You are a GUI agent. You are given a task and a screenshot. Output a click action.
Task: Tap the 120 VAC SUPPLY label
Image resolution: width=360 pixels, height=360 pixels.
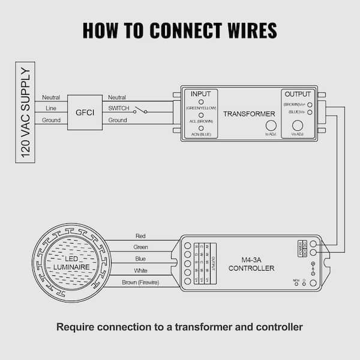(x=25, y=113)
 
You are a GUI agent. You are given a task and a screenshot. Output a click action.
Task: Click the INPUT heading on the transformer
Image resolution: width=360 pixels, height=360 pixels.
(x=200, y=94)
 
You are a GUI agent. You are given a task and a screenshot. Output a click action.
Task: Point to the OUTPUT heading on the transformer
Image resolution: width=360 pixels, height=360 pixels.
(x=298, y=94)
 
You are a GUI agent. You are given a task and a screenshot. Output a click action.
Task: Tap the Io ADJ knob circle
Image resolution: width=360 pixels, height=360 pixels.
(x=271, y=126)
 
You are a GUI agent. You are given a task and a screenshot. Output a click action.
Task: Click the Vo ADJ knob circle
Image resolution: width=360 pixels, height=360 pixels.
(x=297, y=126)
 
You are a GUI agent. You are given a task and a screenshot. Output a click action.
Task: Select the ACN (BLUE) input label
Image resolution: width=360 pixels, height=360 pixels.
(x=200, y=134)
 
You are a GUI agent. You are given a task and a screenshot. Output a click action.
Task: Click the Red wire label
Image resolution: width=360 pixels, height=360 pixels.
(x=140, y=236)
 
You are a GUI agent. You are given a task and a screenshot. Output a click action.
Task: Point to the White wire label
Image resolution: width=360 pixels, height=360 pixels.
(x=140, y=270)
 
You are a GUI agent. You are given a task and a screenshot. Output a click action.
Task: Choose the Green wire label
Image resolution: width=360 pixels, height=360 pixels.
(x=140, y=247)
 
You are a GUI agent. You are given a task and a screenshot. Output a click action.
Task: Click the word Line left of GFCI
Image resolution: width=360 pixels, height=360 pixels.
(x=51, y=109)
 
